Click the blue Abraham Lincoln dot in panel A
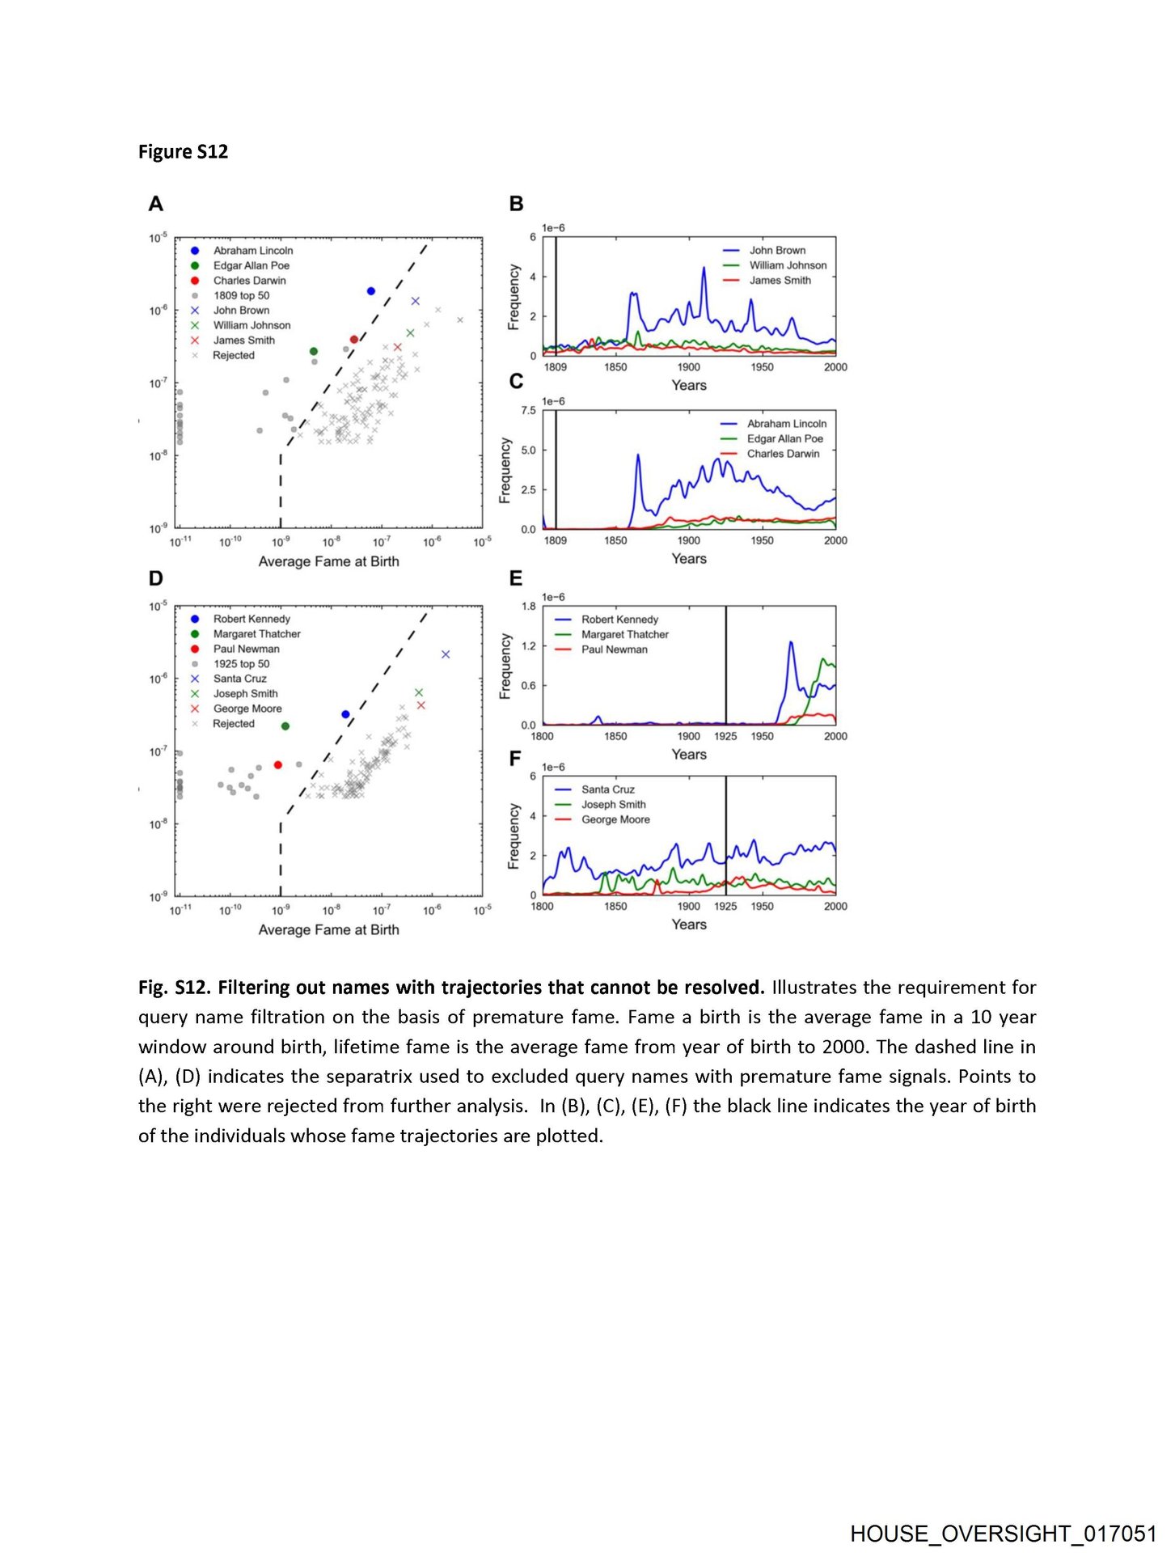(x=371, y=291)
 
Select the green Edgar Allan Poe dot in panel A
(x=314, y=351)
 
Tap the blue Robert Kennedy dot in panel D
(x=345, y=714)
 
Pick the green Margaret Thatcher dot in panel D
(x=285, y=726)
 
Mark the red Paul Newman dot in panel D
(x=278, y=764)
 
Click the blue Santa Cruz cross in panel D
(x=446, y=654)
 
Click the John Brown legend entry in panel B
(x=776, y=251)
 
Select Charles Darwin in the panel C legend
(x=783, y=454)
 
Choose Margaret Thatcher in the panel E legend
(x=624, y=634)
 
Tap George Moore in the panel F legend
(x=615, y=819)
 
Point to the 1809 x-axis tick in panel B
(x=556, y=367)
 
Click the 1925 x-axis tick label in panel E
(x=725, y=736)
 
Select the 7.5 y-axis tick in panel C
(x=528, y=411)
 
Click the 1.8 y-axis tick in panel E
(x=528, y=606)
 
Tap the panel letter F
(x=515, y=759)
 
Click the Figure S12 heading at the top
(x=183, y=152)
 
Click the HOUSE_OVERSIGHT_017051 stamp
(x=1003, y=1533)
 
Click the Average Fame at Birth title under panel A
(x=328, y=561)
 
